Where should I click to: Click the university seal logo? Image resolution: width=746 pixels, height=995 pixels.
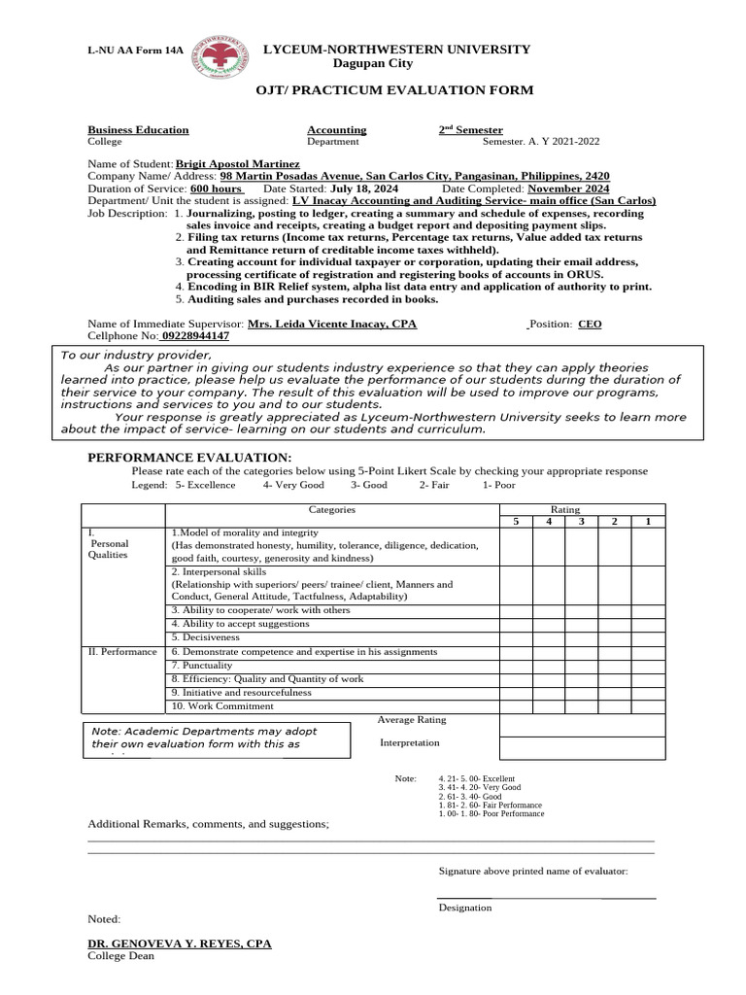coord(220,60)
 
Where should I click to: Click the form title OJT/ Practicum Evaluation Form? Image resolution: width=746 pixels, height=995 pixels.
coord(394,90)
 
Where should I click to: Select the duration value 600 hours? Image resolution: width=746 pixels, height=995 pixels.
coord(216,189)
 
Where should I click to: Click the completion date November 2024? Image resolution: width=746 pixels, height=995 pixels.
coord(568,189)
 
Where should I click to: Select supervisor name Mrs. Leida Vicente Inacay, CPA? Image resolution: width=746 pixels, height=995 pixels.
coord(332,324)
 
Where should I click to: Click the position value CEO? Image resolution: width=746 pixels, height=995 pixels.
coord(590,325)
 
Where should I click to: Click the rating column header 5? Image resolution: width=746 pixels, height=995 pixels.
coord(517,522)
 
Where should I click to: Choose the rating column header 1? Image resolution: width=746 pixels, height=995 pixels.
coord(648,522)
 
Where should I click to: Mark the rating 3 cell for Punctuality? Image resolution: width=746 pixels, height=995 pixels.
coord(582,665)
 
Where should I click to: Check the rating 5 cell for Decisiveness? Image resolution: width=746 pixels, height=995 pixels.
coord(517,637)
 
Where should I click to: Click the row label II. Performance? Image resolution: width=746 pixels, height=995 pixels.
coord(122,651)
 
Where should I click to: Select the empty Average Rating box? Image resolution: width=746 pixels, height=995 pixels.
coord(582,725)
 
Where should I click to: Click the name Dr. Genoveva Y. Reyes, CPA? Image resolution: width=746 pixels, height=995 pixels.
coord(180,944)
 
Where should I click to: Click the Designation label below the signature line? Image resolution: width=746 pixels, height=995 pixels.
coord(465,908)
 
